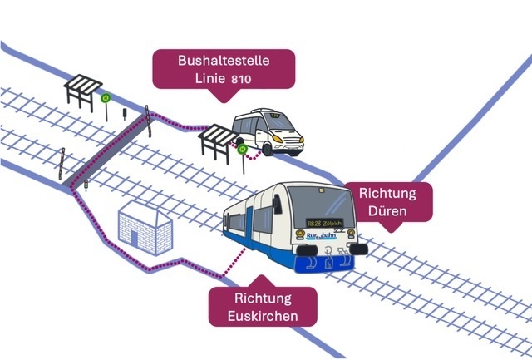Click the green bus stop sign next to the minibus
pyautogui.click(x=242, y=150)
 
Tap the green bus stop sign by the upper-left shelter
pyautogui.click(x=106, y=98)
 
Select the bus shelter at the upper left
pyautogui.click(x=83, y=90)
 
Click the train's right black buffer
pyautogui.click(x=358, y=249)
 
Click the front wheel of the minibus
pyautogui.click(x=269, y=150)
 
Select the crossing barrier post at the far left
pyautogui.click(x=62, y=161)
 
